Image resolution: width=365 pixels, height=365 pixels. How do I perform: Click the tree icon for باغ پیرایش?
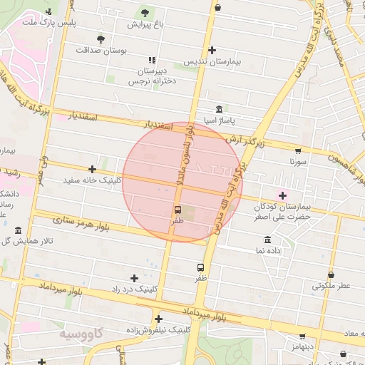(145, 12)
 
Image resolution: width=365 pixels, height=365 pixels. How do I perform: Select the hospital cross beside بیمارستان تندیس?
(212, 50)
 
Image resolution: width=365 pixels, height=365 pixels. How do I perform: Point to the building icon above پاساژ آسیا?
(217, 109)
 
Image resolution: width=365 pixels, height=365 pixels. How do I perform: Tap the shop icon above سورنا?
(297, 150)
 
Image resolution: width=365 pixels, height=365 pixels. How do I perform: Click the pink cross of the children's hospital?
(283, 195)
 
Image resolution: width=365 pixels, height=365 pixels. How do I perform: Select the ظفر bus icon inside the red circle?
(177, 210)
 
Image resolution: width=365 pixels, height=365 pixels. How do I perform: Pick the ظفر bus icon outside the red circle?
(201, 267)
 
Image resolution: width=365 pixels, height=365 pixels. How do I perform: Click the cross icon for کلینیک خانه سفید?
(92, 169)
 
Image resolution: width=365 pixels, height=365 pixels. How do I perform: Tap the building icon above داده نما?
(267, 240)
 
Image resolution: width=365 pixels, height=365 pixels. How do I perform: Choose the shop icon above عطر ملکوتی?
(331, 274)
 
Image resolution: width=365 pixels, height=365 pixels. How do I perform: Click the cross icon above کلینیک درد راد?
(134, 277)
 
